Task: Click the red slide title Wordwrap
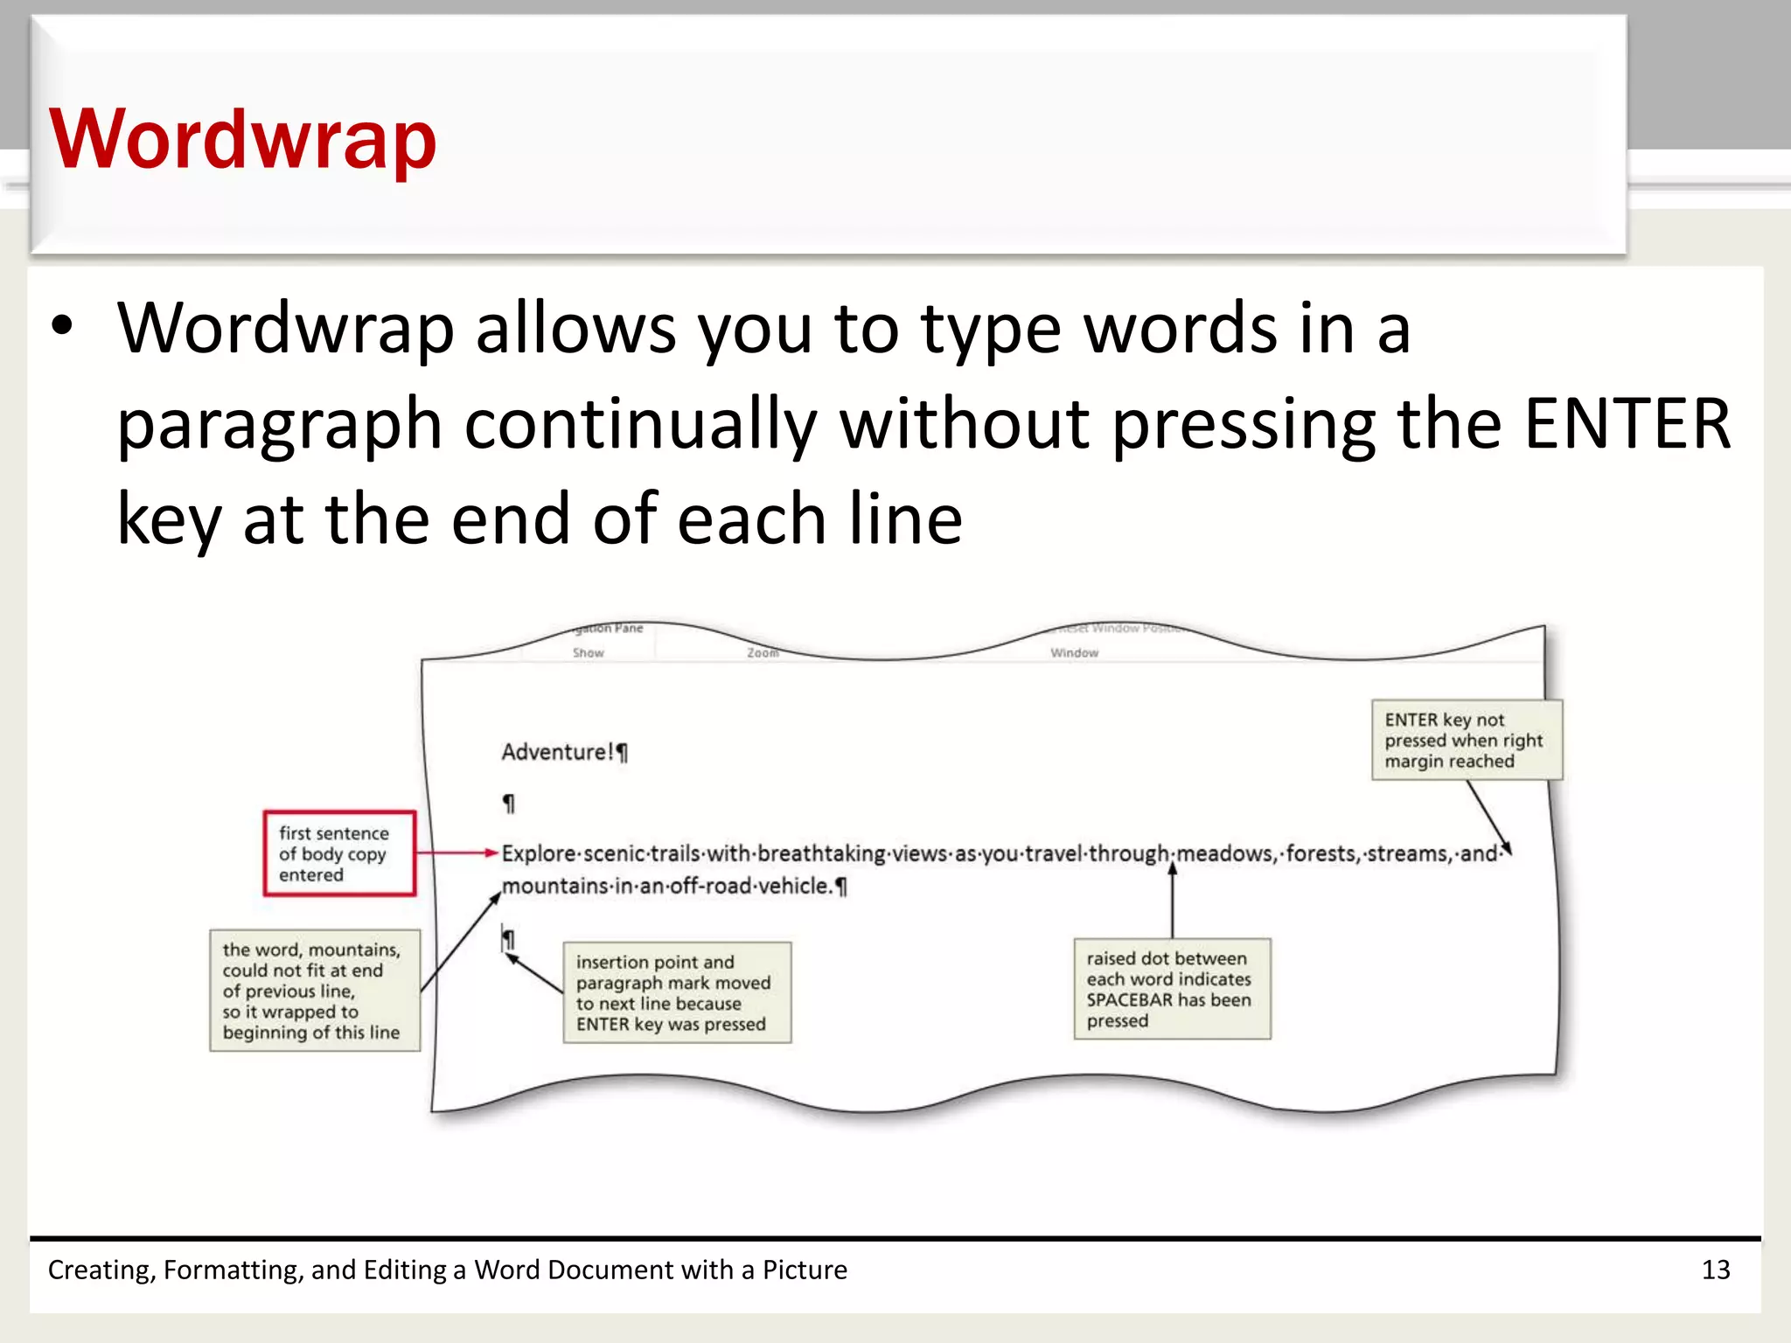(x=242, y=140)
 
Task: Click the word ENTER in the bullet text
(x=1627, y=424)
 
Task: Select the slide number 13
(x=1716, y=1270)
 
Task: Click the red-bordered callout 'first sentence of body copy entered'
(x=338, y=853)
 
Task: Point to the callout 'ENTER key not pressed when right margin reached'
(x=1466, y=740)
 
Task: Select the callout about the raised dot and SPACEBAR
(x=1171, y=989)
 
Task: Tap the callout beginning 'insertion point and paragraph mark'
(x=676, y=992)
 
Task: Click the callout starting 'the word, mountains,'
(x=314, y=990)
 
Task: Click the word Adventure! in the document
(x=558, y=752)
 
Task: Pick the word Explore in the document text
(x=539, y=853)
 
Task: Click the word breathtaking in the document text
(x=821, y=853)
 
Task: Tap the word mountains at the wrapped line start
(x=554, y=886)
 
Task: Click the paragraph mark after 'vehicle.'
(x=841, y=887)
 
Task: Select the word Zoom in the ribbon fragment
(x=763, y=652)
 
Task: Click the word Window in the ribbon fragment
(x=1074, y=652)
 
